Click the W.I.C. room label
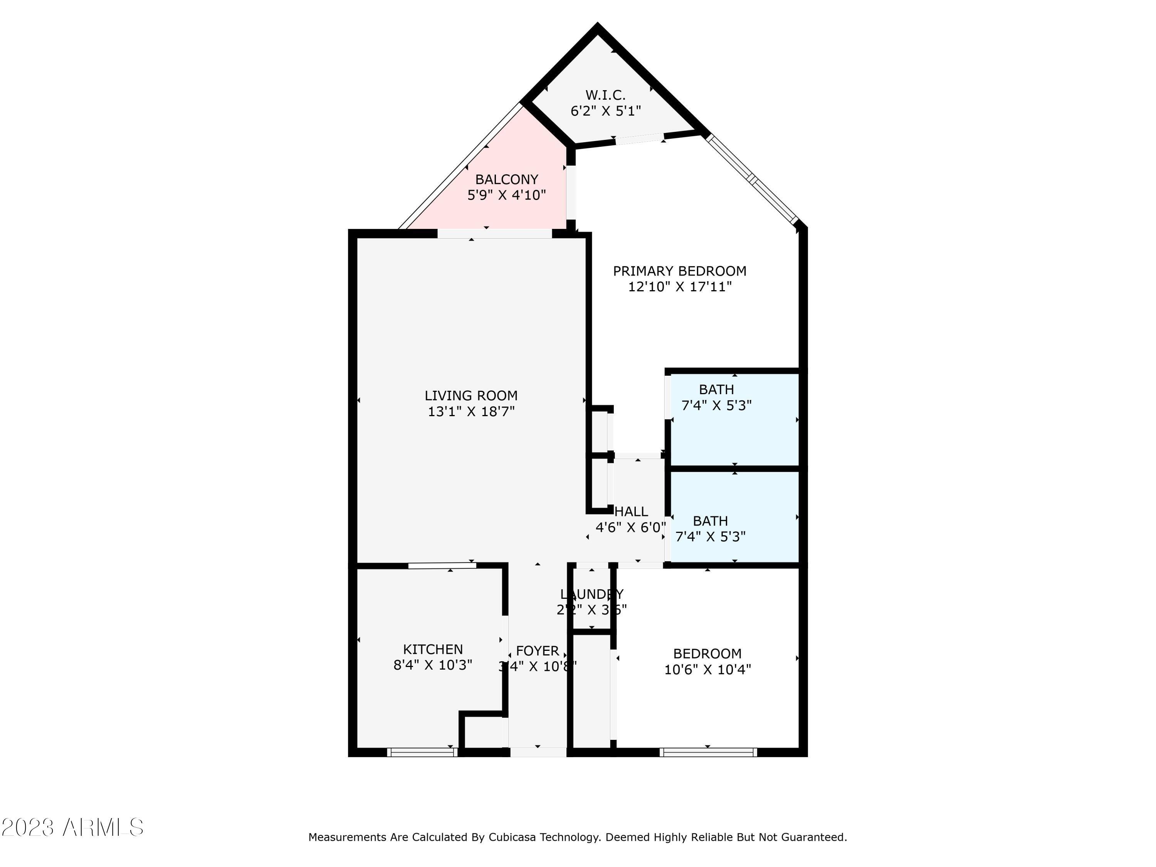tap(605, 95)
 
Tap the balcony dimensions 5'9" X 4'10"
tap(506, 195)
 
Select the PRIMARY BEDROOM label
tap(679, 271)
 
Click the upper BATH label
tap(716, 389)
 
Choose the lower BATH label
tap(710, 521)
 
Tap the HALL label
tap(631, 512)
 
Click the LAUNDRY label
tap(591, 594)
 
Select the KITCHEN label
tap(433, 649)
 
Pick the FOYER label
tap(537, 651)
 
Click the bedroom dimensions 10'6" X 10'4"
tap(707, 669)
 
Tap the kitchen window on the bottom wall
tap(422, 753)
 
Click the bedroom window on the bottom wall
tap(708, 753)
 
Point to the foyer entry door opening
tap(538, 753)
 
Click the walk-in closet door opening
tap(639, 139)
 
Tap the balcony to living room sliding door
tap(494, 234)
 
